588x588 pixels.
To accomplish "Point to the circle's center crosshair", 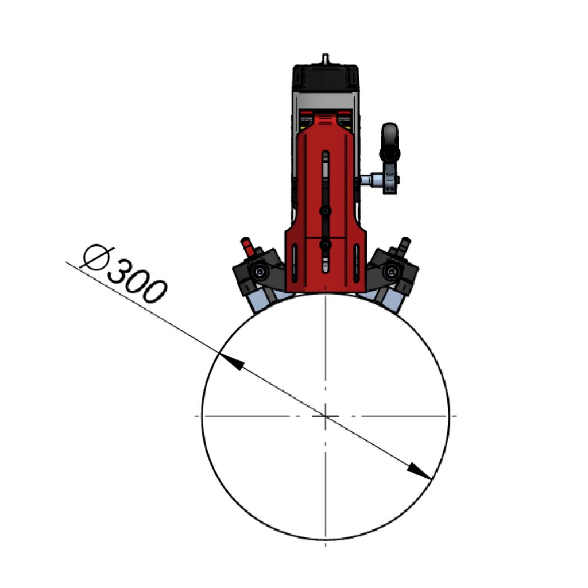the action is [326, 416].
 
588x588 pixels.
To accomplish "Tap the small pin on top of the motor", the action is [326, 59].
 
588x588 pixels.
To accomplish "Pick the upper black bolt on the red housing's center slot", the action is [326, 211].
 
